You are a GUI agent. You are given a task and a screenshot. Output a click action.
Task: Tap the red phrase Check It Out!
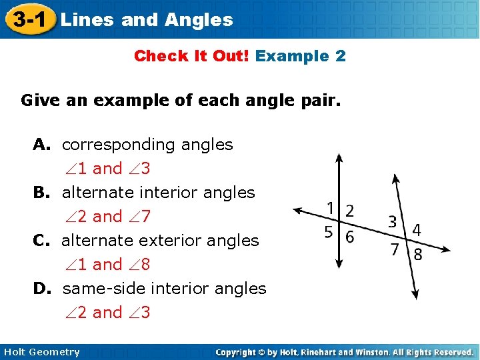[191, 56]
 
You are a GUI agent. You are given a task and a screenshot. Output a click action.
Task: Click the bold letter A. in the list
[43, 145]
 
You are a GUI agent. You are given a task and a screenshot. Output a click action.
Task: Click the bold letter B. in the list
[43, 193]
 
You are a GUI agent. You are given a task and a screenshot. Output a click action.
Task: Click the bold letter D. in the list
[43, 289]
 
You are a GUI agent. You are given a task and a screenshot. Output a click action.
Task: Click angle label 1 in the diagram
[330, 209]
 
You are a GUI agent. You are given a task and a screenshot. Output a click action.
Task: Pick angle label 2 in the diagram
[349, 211]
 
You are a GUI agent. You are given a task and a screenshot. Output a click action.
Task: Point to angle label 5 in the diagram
[329, 233]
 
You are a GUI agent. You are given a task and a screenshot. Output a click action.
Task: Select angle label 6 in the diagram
[350, 236]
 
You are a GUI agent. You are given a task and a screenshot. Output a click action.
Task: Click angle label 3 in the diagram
[393, 221]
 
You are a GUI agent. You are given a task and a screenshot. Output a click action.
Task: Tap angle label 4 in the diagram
[416, 230]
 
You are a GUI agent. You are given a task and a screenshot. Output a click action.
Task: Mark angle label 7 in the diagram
[395, 249]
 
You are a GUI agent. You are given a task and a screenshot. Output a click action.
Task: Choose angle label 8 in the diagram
[417, 254]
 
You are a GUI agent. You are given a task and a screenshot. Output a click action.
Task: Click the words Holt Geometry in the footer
[41, 352]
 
